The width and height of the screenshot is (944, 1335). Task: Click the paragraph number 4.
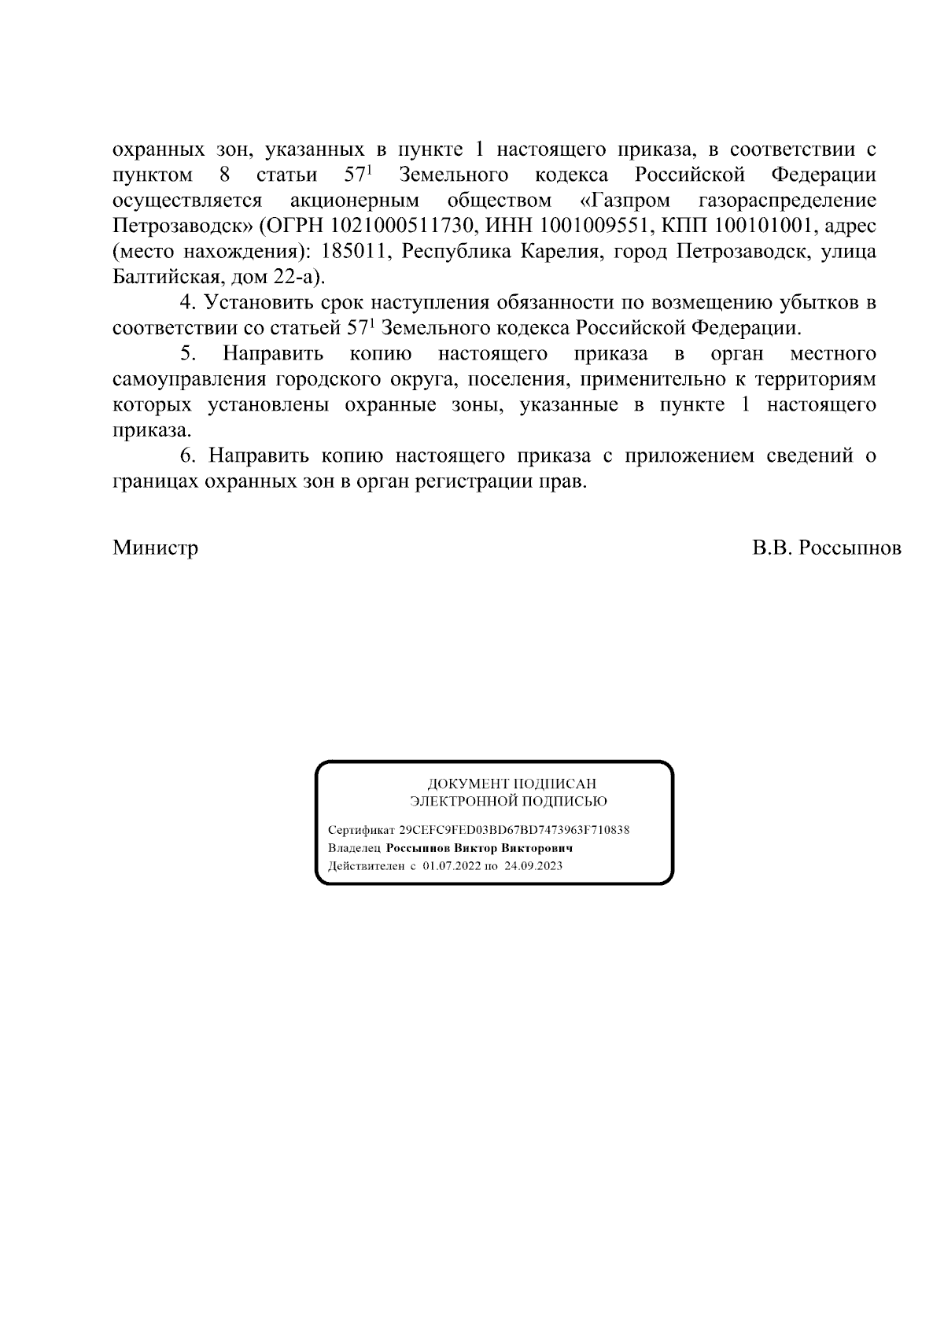186,303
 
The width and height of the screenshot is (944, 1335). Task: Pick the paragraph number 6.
186,456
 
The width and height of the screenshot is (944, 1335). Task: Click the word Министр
155,548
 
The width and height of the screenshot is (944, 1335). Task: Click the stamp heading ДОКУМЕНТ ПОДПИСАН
511,784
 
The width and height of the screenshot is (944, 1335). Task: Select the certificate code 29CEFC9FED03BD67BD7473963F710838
514,831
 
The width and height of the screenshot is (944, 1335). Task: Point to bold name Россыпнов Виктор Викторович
479,849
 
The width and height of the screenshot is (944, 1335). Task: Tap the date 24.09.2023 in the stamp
533,866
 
